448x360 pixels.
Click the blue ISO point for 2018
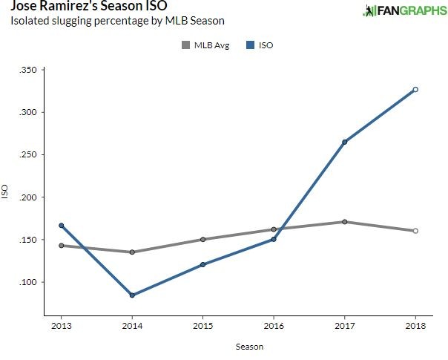pos(415,89)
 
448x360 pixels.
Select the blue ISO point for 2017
pos(345,142)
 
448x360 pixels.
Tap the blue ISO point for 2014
pos(132,295)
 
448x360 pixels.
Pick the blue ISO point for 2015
pos(202,264)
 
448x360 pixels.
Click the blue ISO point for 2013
pos(61,226)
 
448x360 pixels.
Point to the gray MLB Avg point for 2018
pos(415,231)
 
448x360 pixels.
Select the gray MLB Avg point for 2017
pos(345,222)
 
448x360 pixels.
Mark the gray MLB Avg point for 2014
pos(132,252)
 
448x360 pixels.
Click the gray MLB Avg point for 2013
pos(61,246)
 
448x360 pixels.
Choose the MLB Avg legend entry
pos(205,46)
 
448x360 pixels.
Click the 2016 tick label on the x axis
pos(274,326)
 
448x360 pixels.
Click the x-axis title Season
pos(238,346)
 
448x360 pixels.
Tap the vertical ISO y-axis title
pos(7,192)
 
